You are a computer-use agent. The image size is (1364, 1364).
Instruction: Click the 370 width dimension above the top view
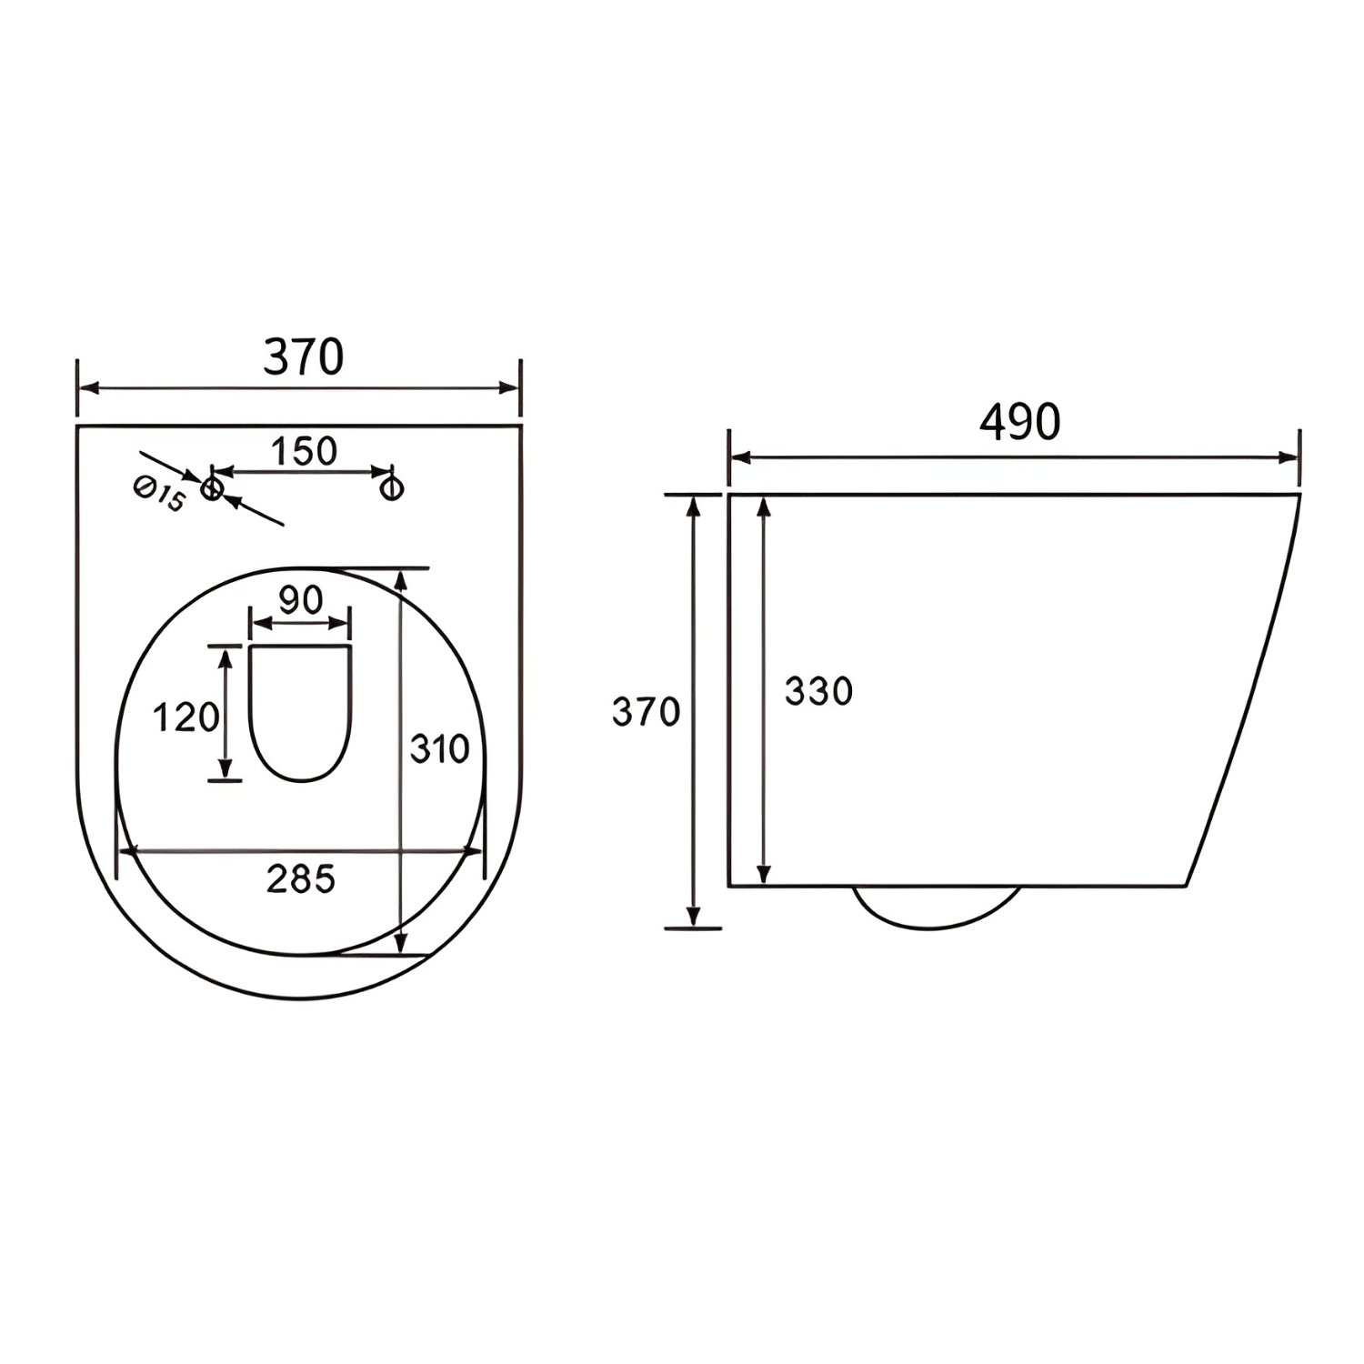point(303,357)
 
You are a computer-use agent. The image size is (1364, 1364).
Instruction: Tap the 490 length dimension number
point(1019,422)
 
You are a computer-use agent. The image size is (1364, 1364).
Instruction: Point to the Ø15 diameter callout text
point(160,496)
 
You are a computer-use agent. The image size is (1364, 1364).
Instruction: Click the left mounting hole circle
point(212,488)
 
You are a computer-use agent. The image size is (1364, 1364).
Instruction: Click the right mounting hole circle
point(392,488)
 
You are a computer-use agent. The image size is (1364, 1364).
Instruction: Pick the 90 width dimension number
point(300,600)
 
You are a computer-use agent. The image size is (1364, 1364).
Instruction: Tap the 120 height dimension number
point(186,717)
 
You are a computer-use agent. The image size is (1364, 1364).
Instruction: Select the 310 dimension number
point(439,749)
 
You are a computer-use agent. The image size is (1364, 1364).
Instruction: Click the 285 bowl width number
point(301,879)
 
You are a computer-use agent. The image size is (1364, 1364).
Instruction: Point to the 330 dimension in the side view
point(818,692)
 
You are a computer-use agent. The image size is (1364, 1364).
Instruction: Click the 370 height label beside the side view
point(646,712)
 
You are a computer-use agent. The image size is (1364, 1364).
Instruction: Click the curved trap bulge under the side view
point(937,914)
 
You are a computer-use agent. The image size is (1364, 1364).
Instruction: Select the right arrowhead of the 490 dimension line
point(1289,457)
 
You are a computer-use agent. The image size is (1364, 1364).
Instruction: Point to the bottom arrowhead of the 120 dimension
point(226,771)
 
